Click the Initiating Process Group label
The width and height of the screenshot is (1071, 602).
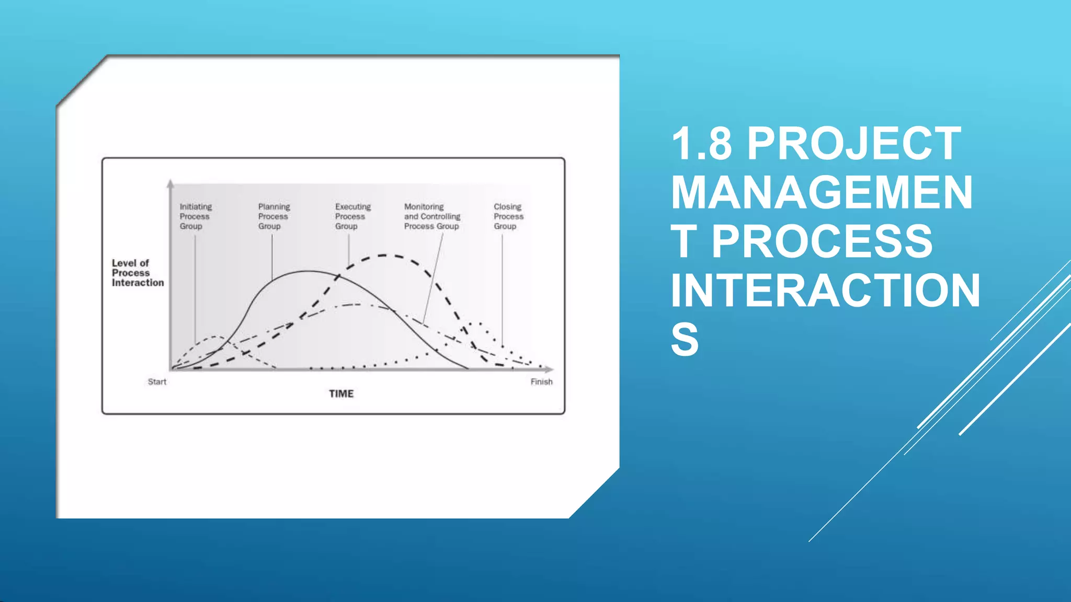(195, 216)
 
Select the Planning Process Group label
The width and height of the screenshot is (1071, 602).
(274, 216)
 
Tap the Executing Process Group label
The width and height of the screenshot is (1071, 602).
(352, 216)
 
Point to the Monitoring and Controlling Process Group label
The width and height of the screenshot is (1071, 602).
(432, 216)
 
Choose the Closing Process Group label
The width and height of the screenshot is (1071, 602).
(508, 216)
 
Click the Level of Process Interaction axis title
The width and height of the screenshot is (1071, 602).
(137, 273)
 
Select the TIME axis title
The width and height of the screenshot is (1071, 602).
(341, 393)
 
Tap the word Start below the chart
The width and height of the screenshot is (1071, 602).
(157, 382)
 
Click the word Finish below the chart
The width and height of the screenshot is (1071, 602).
(541, 382)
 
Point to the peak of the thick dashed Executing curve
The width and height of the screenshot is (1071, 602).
(385, 256)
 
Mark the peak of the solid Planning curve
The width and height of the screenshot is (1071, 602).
(309, 271)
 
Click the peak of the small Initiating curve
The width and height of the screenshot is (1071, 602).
(217, 337)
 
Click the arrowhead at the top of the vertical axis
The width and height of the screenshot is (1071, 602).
(170, 183)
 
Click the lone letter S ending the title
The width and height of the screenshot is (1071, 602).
(685, 340)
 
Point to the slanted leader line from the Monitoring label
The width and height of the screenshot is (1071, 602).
(433, 277)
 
